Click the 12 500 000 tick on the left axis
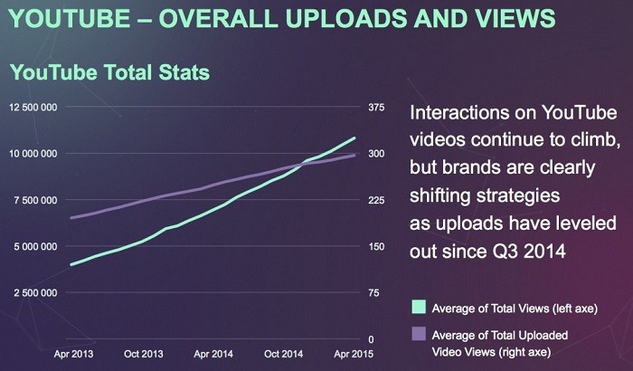click(35, 108)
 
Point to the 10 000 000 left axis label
click(35, 154)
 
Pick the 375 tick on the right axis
click(376, 108)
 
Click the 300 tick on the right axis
click(376, 154)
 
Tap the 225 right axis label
click(376, 200)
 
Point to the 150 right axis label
click(376, 246)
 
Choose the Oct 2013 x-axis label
click(145, 354)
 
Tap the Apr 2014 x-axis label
click(214, 354)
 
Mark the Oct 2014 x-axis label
click(285, 354)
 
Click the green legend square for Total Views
click(417, 305)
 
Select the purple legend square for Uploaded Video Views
click(417, 333)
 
